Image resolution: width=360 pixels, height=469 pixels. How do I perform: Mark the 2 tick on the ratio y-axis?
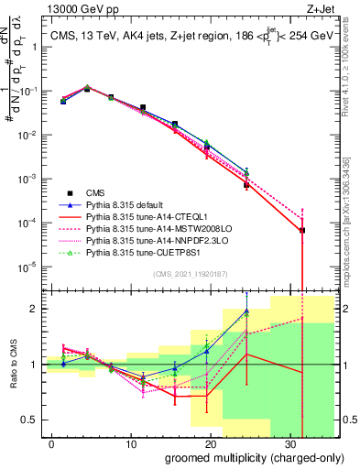36,309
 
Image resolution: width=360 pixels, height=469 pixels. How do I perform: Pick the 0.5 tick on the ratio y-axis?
32,420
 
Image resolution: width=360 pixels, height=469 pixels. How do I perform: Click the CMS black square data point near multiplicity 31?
302,230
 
